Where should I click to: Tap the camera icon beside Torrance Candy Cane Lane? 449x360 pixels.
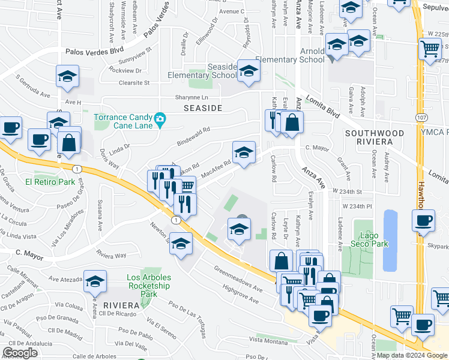[160, 119]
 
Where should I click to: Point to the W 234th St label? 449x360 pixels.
[346, 191]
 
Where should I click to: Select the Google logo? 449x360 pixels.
[20, 353]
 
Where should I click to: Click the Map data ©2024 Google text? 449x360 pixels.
[411, 355]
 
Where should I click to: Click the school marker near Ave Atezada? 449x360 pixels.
[95, 282]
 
